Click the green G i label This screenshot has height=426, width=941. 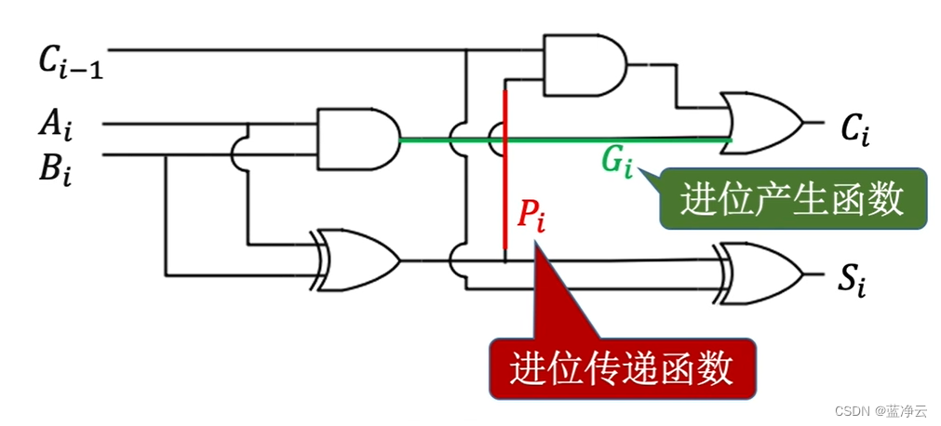pyautogui.click(x=616, y=161)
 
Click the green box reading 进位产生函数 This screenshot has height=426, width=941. pyautogui.click(x=792, y=198)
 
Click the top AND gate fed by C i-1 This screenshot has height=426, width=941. pyautogui.click(x=583, y=65)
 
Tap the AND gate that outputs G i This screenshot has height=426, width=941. pyautogui.click(x=357, y=139)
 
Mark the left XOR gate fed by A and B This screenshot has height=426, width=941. pyautogui.click(x=358, y=257)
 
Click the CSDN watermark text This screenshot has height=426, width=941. pyautogui.click(x=880, y=411)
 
